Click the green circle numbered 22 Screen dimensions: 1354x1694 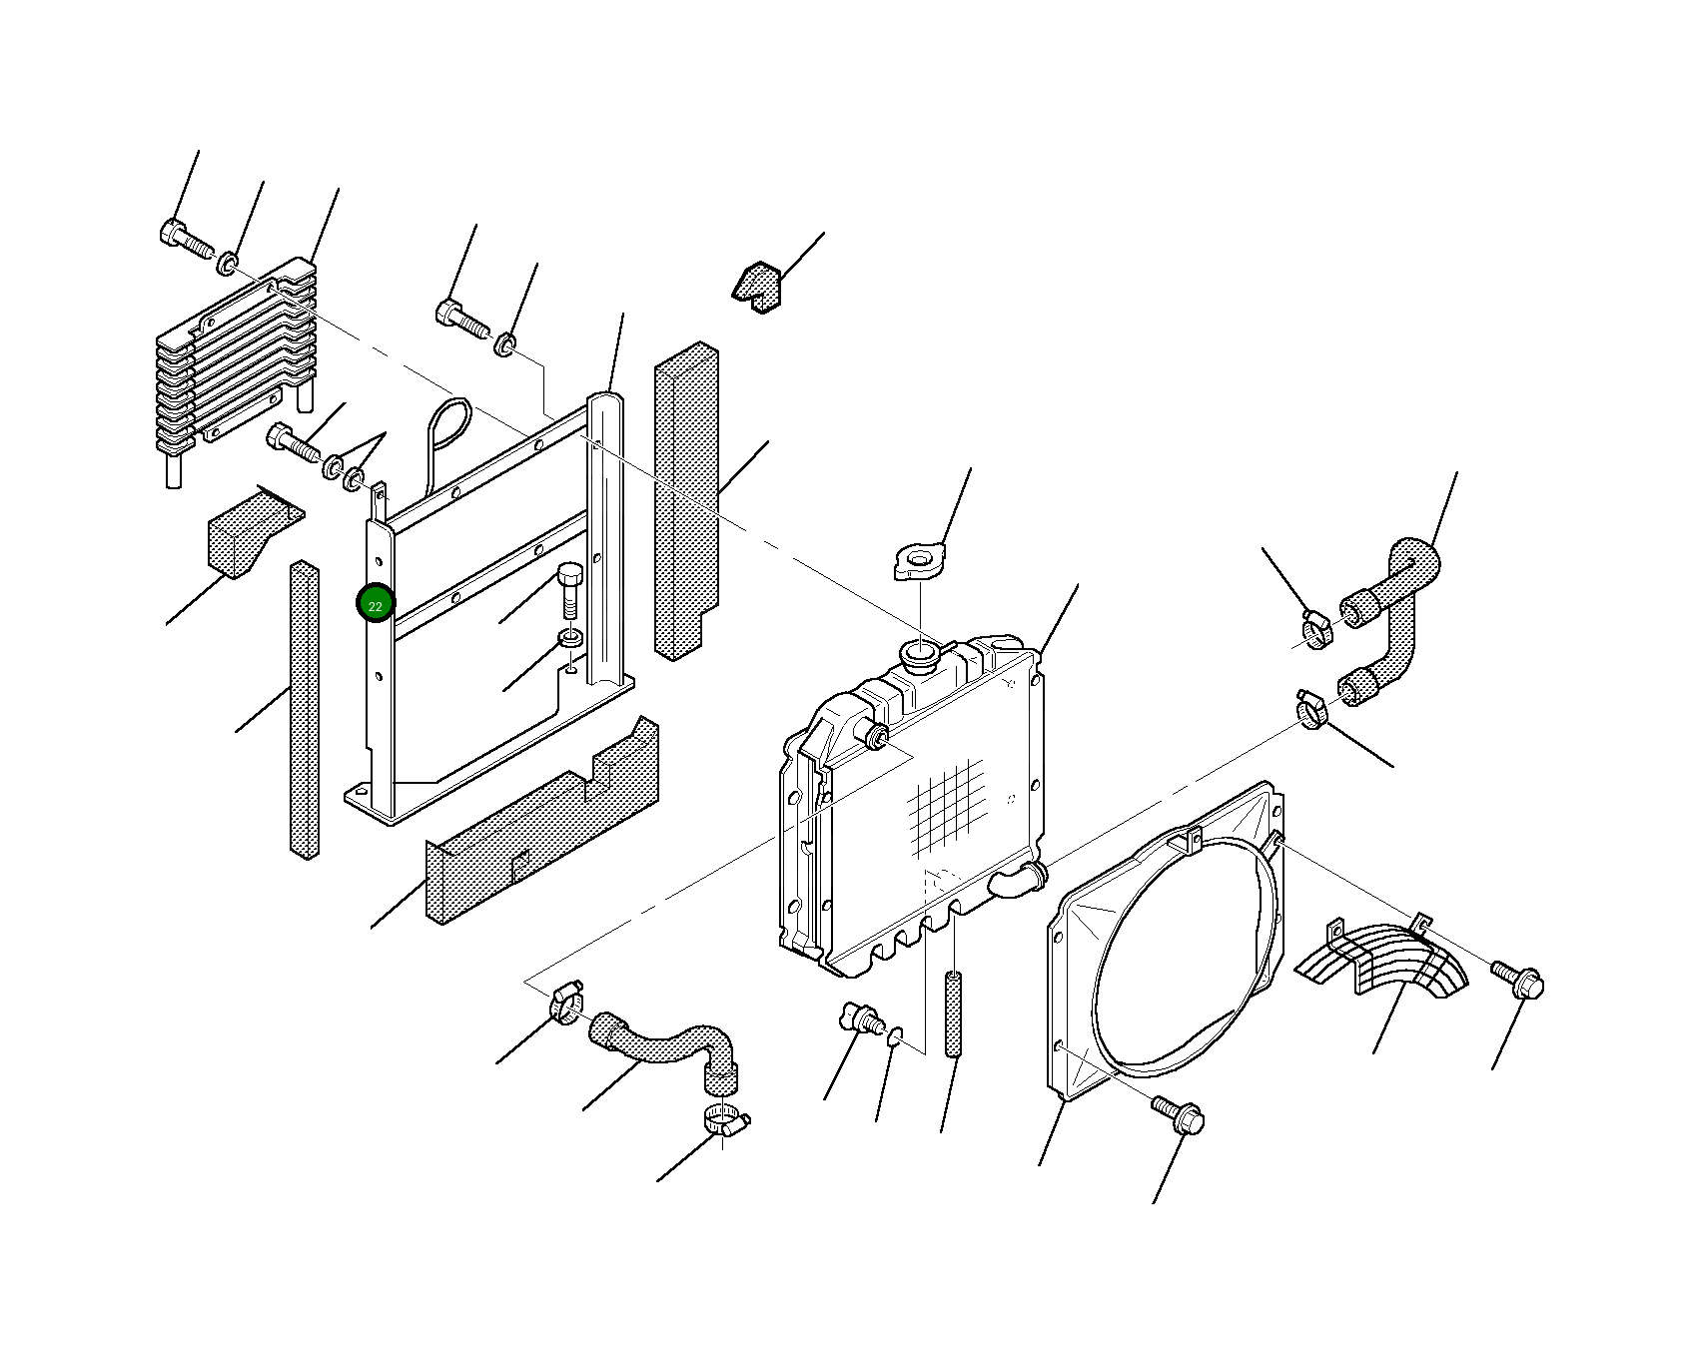376,604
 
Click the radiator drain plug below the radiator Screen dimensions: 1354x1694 860,1019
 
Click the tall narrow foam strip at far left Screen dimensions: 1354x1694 305,709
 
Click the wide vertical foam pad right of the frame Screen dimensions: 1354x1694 686,499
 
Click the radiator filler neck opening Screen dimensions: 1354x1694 920,655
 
